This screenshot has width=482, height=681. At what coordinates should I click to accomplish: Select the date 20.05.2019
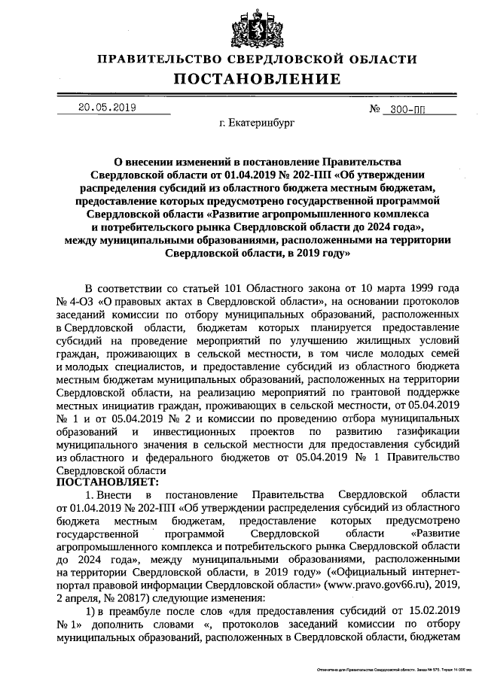pyautogui.click(x=106, y=108)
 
